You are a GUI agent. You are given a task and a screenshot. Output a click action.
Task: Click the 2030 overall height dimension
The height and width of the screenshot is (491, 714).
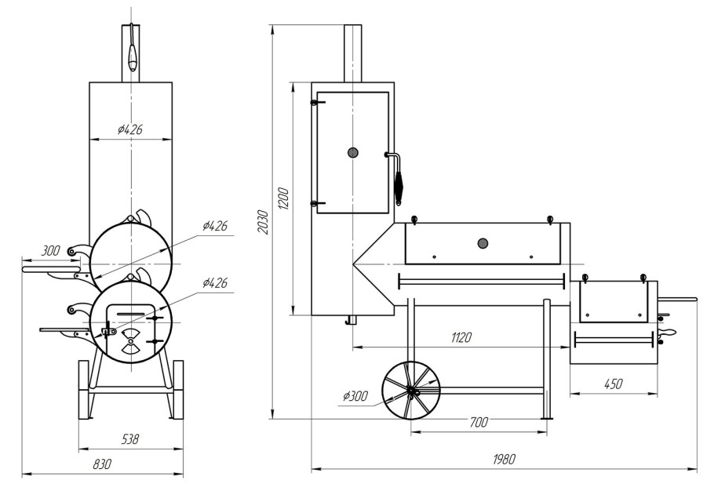click(263, 222)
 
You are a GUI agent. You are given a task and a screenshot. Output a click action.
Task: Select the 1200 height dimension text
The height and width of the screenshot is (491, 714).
click(283, 198)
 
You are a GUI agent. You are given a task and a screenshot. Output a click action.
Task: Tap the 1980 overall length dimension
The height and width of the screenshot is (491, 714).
click(504, 459)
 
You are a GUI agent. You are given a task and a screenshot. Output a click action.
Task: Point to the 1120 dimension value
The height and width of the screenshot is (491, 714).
click(461, 337)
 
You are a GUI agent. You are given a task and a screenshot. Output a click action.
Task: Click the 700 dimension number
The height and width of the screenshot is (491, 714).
click(479, 423)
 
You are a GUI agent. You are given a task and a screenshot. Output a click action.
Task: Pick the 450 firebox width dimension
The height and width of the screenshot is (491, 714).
click(613, 384)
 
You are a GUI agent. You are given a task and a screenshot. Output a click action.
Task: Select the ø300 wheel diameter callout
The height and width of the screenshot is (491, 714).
click(355, 396)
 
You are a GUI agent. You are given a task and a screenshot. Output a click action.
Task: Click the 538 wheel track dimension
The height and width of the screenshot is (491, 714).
click(130, 439)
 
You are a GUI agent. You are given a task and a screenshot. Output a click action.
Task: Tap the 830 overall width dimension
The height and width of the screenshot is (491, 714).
click(102, 464)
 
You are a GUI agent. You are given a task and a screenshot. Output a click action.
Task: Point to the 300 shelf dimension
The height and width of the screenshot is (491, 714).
click(50, 251)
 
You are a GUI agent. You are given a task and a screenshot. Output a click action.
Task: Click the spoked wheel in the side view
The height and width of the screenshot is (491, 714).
click(411, 391)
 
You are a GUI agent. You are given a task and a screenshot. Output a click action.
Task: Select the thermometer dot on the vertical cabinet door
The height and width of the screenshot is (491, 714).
click(353, 152)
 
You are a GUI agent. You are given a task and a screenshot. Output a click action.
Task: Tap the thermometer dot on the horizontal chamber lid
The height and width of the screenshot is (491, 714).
click(483, 243)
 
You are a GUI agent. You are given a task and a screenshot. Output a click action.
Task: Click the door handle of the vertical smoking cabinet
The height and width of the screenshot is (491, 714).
click(396, 179)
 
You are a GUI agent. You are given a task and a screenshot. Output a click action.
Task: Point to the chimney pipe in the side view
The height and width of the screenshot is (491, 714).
click(353, 53)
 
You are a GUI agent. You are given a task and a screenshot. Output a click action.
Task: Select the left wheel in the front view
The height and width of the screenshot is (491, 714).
click(84, 390)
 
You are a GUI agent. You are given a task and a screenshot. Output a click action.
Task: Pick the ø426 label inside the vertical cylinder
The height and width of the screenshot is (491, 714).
click(130, 129)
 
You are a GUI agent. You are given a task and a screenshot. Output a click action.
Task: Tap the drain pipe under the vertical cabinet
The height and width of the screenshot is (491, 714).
click(352, 320)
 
